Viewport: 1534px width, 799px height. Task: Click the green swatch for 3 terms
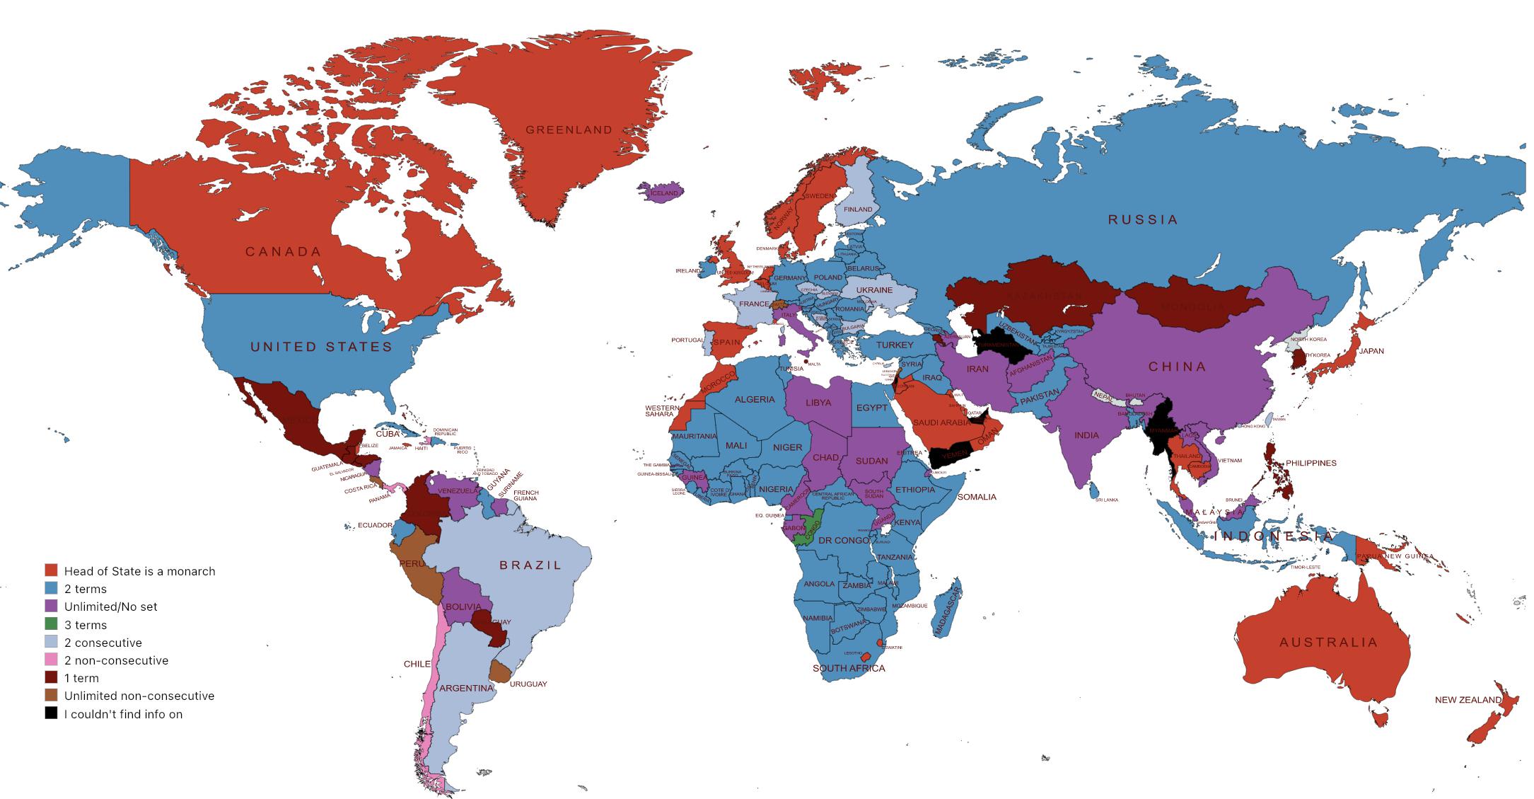point(51,624)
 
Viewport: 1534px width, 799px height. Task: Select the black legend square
point(51,713)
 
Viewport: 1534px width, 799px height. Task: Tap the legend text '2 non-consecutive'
point(116,660)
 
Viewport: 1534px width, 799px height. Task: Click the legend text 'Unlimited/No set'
point(110,607)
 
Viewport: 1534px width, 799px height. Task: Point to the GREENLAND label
point(569,130)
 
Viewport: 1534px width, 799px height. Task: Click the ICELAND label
point(664,192)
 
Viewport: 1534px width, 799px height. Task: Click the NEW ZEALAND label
point(1468,700)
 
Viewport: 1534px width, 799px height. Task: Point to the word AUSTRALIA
point(1329,643)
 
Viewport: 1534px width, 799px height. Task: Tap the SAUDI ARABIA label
point(941,423)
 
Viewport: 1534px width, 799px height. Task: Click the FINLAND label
point(858,209)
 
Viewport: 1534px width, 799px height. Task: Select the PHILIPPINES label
point(1311,463)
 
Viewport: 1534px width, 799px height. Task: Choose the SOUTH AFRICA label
point(848,668)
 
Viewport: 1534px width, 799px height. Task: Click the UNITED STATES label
point(322,347)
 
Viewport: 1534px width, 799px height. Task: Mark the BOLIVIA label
point(463,607)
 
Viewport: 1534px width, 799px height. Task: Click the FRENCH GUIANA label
point(525,495)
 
